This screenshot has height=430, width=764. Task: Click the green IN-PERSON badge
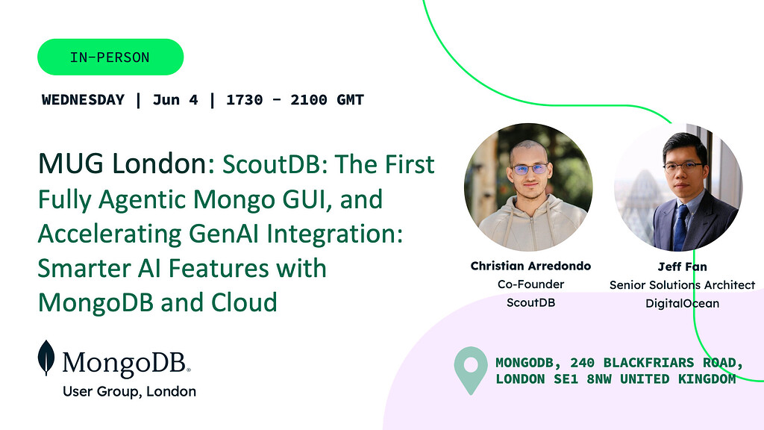click(110, 57)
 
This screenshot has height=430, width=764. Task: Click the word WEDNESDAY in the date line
click(83, 100)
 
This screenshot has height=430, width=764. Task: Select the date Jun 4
click(175, 100)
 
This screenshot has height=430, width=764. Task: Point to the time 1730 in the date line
click(244, 100)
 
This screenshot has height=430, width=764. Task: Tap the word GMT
click(349, 100)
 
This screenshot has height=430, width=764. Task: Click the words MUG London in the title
click(122, 163)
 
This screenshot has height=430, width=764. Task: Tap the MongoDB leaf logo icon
click(46, 358)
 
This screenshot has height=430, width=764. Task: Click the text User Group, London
click(129, 391)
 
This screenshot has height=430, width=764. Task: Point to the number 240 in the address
click(583, 363)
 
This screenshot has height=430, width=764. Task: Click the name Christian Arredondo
click(530, 266)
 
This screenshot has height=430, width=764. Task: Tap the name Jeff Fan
click(682, 267)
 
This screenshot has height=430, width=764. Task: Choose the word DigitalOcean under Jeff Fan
click(682, 303)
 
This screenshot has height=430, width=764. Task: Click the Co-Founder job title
click(530, 284)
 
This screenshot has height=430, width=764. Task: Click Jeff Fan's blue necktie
click(680, 228)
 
